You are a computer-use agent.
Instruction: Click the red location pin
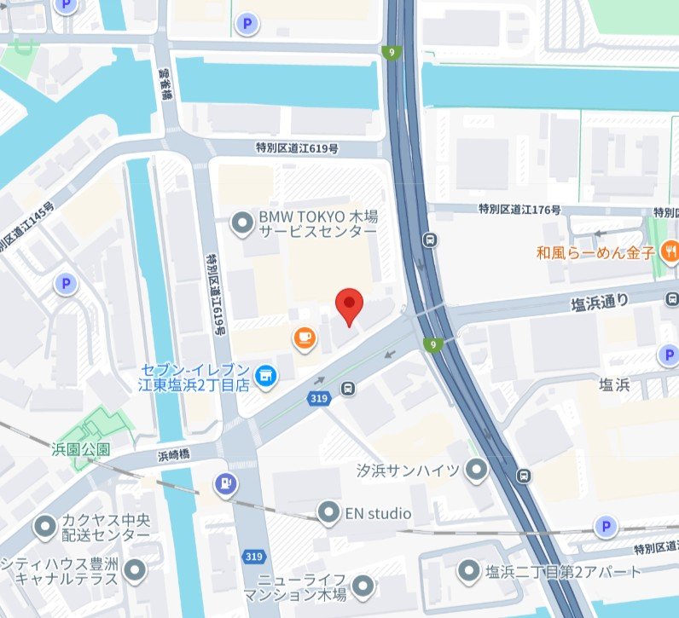(x=349, y=305)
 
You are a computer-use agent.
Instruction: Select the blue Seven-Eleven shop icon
(x=266, y=375)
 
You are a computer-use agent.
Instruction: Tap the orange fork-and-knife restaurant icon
(x=671, y=251)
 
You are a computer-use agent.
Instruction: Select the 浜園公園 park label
(x=82, y=448)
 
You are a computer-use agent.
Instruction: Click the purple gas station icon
(x=225, y=483)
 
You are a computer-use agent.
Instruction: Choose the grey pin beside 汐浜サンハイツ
(x=477, y=470)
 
